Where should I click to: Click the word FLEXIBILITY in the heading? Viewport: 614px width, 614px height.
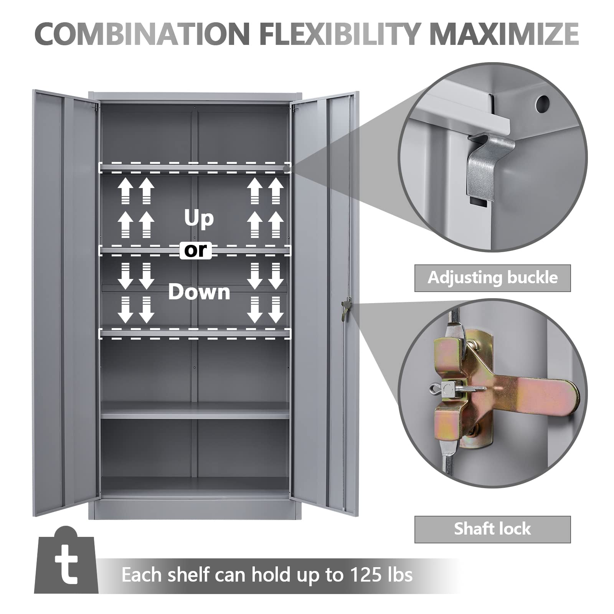pos(339,34)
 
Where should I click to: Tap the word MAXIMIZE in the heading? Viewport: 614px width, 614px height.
pos(504,34)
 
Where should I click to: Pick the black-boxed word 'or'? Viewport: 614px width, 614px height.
pos(196,250)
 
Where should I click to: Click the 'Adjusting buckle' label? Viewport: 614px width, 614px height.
pos(493,278)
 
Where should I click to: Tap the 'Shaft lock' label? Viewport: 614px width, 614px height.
pos(493,529)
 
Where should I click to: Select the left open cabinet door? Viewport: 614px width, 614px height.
pos(65,303)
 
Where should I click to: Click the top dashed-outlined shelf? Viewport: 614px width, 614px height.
pos(195,167)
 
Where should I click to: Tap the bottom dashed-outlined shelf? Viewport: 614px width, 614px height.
pos(195,333)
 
